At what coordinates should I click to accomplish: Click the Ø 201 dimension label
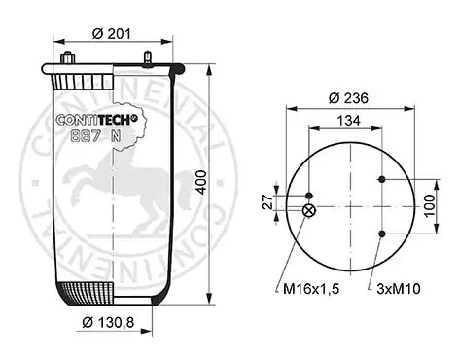pos(112,33)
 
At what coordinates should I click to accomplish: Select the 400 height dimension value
pos(202,182)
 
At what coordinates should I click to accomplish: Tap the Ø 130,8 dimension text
pos(108,322)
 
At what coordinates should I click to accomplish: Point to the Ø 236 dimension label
pos(348,98)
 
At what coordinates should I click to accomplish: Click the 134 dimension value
pos(349,121)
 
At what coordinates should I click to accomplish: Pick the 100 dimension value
pos(429,206)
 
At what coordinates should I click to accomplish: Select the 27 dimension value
pos(268,202)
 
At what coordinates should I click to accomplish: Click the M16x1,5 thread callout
pos(311,288)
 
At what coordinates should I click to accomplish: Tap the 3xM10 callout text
pos(399,288)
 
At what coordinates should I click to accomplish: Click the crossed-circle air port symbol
pos(308,211)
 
